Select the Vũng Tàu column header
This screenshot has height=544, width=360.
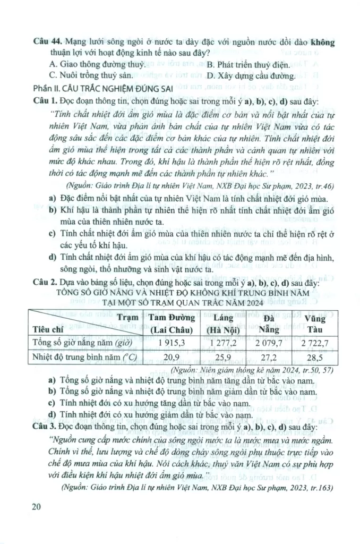pyautogui.click(x=315, y=323)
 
